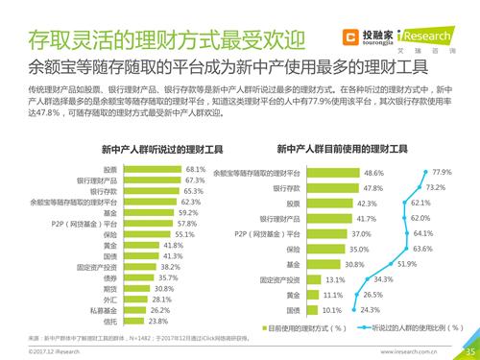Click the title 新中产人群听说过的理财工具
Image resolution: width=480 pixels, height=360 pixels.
point(139,149)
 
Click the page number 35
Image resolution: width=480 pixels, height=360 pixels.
point(469,351)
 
